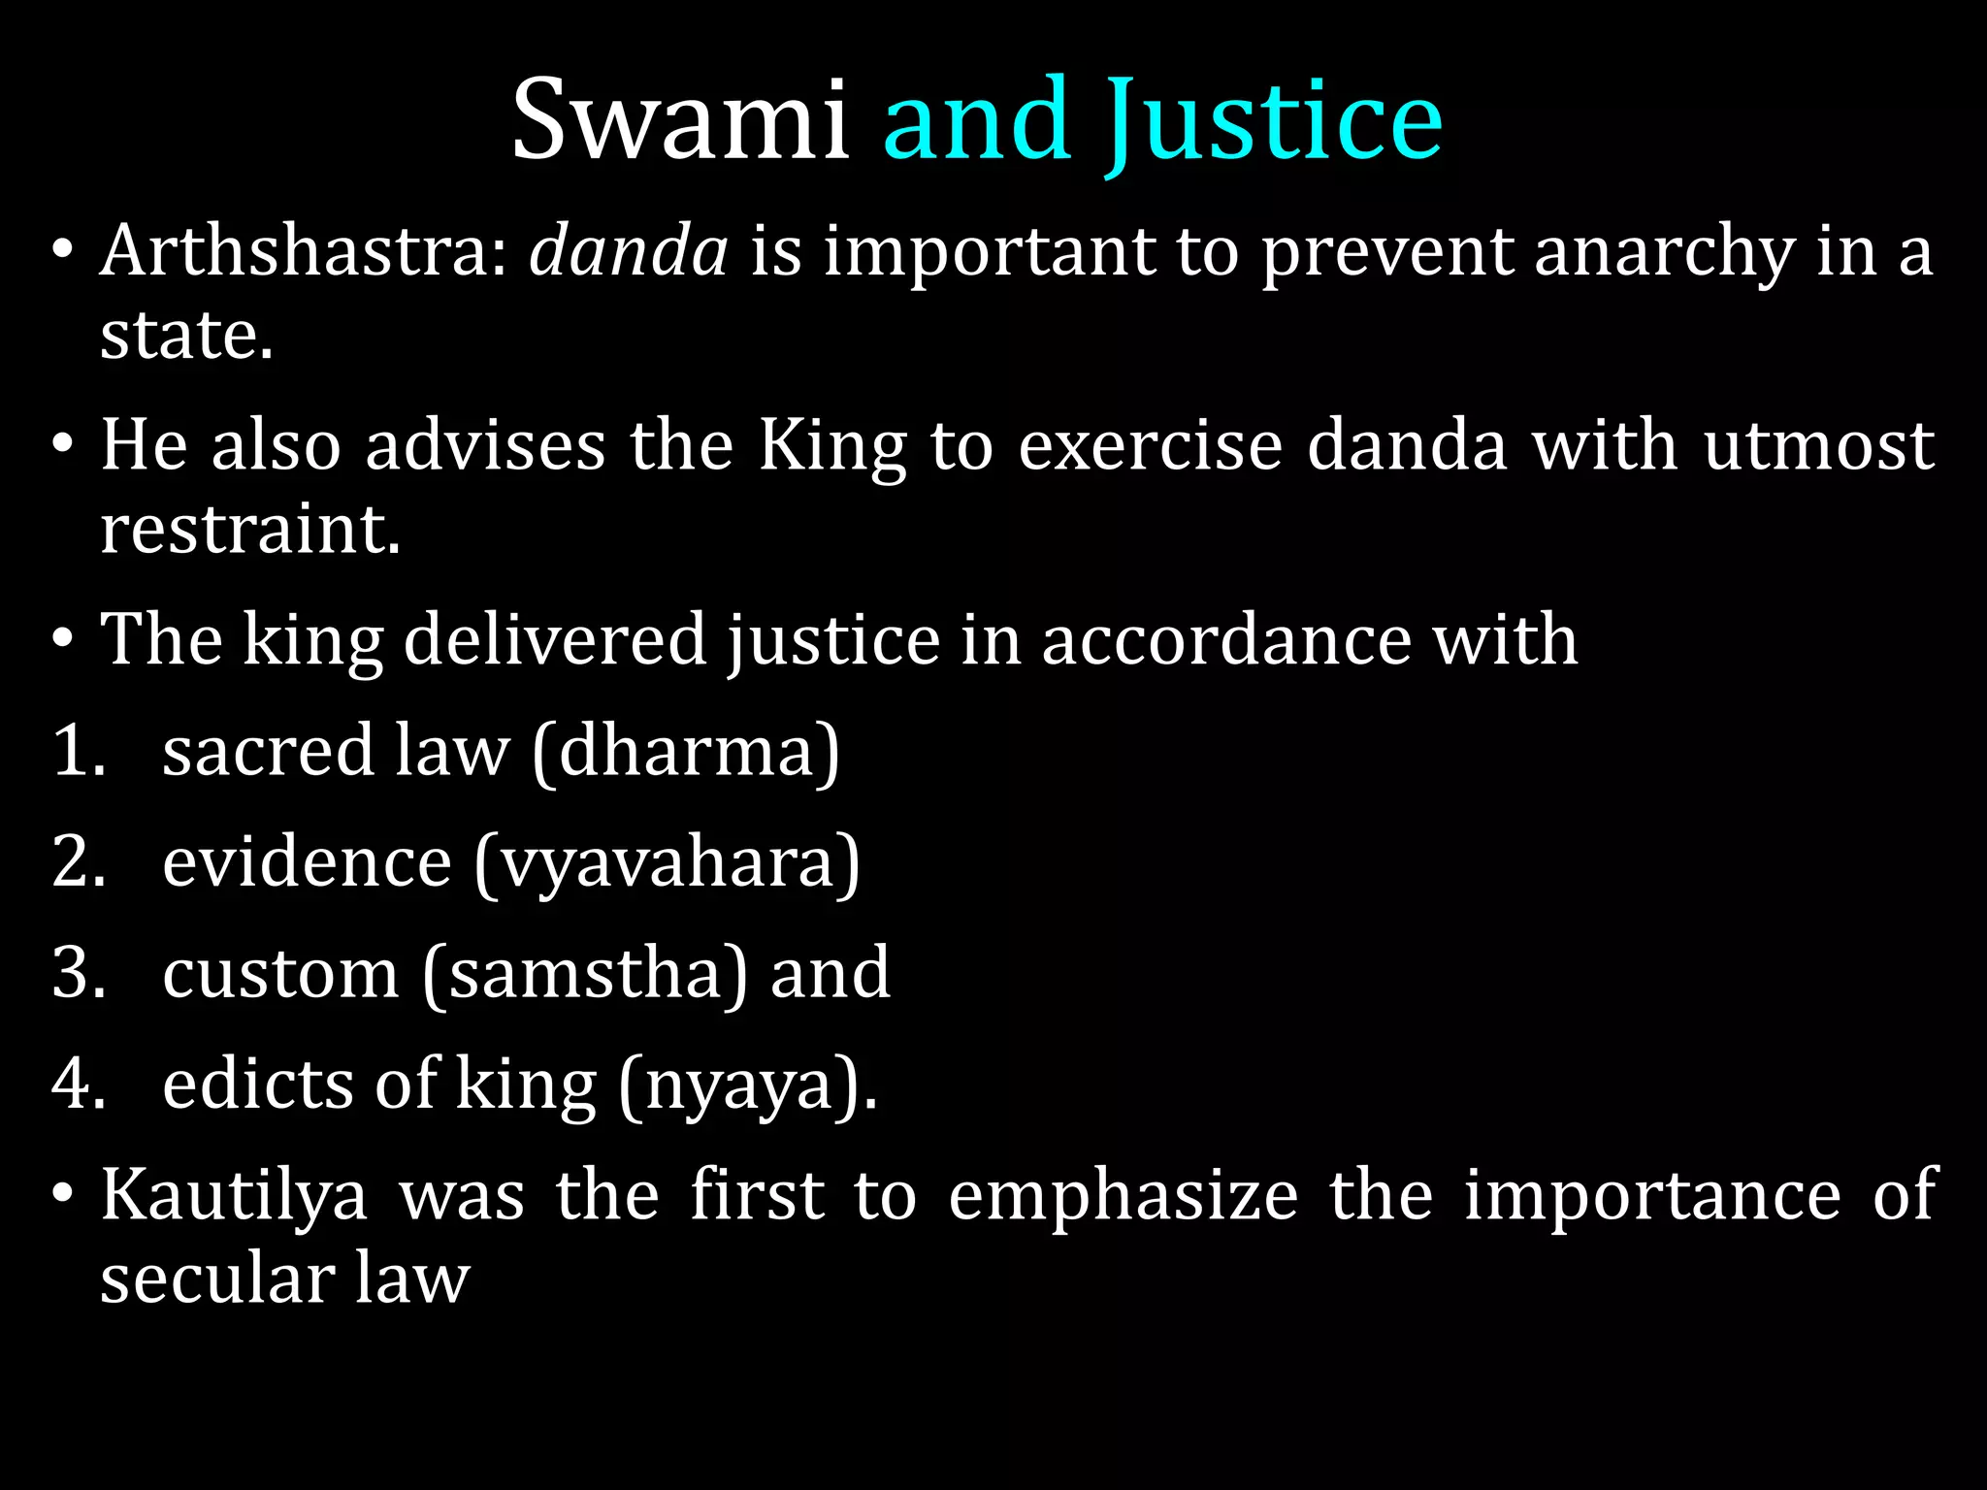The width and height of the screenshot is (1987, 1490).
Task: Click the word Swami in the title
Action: click(681, 120)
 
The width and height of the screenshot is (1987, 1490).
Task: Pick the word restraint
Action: click(250, 531)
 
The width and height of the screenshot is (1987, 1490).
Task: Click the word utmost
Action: click(1819, 446)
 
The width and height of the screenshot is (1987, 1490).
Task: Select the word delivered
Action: click(554, 641)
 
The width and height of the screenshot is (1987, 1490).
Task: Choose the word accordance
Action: click(1225, 641)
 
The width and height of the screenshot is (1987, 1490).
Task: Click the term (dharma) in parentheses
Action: click(685, 752)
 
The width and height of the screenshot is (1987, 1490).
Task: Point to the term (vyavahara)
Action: click(667, 863)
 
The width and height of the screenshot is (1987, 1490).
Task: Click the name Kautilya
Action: click(234, 1196)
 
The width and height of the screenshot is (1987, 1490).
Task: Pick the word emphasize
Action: click(1123, 1196)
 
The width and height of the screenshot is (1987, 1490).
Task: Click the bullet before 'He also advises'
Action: click(63, 446)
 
